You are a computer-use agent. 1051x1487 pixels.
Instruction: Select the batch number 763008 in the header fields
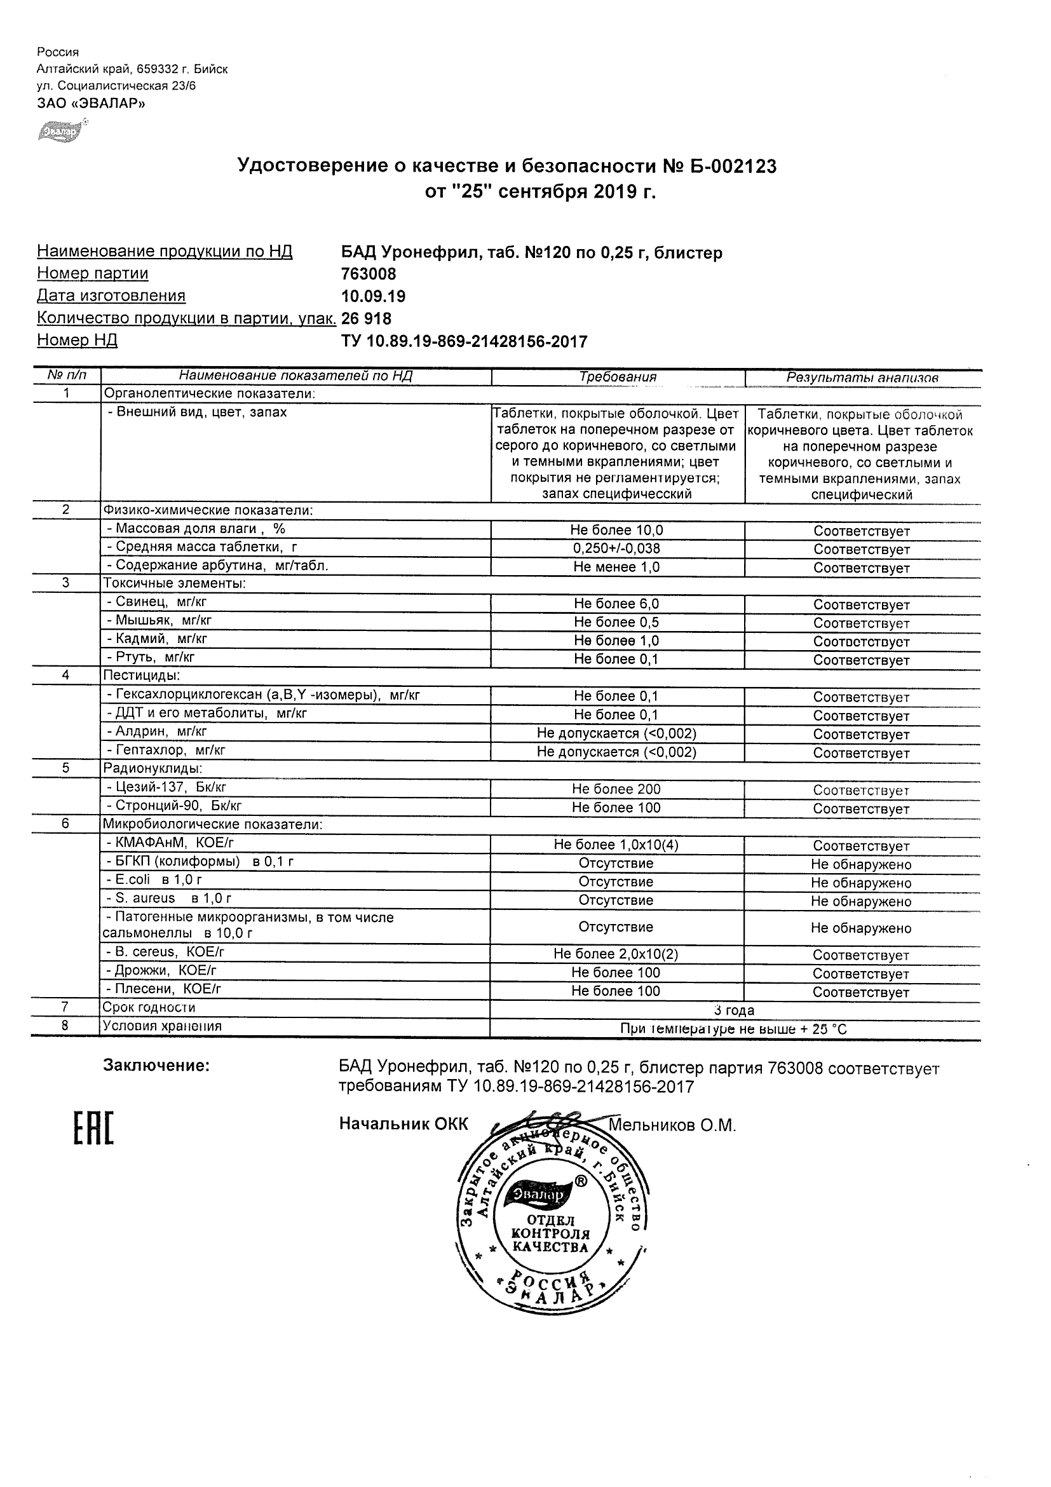369,274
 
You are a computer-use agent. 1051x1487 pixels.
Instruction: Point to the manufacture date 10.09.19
373,296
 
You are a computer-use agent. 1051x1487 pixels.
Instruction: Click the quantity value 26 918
366,318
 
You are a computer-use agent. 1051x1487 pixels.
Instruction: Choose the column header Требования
617,377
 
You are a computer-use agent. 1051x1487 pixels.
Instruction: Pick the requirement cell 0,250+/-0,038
616,548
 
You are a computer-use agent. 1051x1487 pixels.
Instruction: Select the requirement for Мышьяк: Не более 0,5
616,622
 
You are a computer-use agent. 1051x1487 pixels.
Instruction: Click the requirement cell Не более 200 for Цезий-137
616,789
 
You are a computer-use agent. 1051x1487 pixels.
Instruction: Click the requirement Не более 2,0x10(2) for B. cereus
616,954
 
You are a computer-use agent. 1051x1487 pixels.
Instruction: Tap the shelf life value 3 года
734,1010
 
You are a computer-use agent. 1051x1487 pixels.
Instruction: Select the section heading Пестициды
141,676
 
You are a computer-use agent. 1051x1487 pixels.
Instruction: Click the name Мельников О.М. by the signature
672,1125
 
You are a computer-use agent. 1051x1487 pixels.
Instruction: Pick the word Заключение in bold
156,1066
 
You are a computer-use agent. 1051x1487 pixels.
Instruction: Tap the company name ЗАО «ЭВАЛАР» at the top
91,103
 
